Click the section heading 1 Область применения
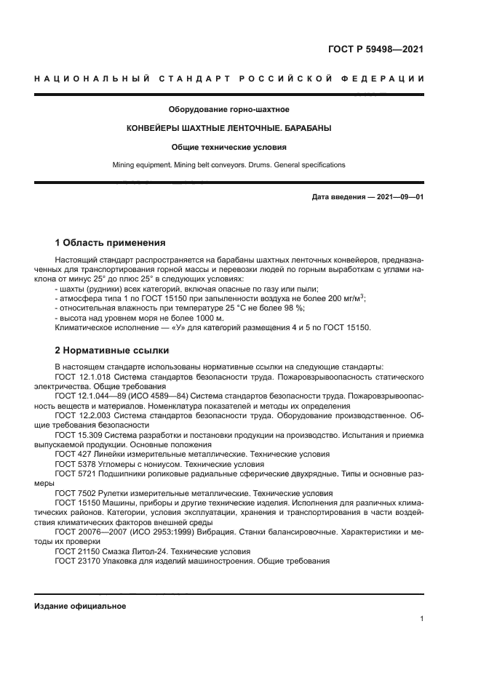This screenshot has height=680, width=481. pos(110,242)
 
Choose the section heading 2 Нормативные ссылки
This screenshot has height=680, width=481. pos(111,349)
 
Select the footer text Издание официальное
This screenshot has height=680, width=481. pos(80,606)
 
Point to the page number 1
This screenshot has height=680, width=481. pos(421,619)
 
